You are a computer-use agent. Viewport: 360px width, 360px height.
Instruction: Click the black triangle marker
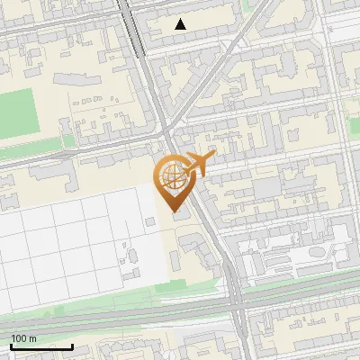coord(181,24)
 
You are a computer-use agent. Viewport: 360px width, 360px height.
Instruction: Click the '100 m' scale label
coord(23,338)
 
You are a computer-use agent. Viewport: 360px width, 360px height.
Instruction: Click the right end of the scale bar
coord(73,346)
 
